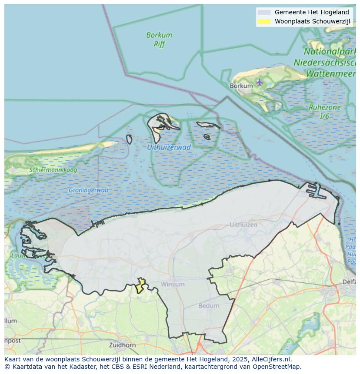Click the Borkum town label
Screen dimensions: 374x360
(x=241, y=86)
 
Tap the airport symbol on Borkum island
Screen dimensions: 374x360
(x=260, y=82)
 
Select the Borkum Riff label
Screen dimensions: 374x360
(x=159, y=40)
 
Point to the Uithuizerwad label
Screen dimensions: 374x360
(x=169, y=147)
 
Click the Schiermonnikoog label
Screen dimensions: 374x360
(x=53, y=170)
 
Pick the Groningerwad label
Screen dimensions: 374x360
(x=88, y=190)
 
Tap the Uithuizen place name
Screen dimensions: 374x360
(x=243, y=225)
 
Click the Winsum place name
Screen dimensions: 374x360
(x=173, y=284)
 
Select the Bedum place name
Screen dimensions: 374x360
(x=209, y=306)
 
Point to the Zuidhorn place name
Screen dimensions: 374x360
(x=123, y=345)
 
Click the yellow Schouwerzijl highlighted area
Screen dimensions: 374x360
(x=140, y=286)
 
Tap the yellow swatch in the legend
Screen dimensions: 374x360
(x=263, y=21)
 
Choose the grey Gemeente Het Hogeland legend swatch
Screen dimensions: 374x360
(x=263, y=12)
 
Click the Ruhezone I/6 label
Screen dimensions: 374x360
(x=324, y=112)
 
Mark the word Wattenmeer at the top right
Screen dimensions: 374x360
(x=330, y=74)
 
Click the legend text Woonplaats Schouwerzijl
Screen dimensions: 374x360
(x=312, y=21)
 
